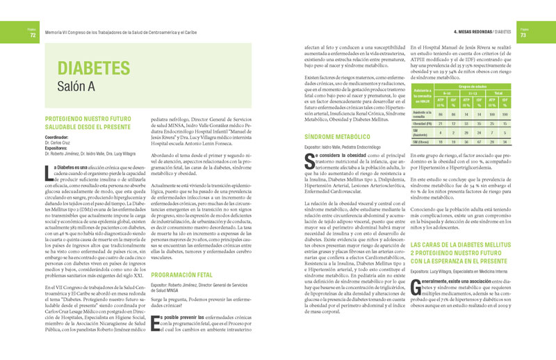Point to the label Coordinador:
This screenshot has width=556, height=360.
60,137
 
